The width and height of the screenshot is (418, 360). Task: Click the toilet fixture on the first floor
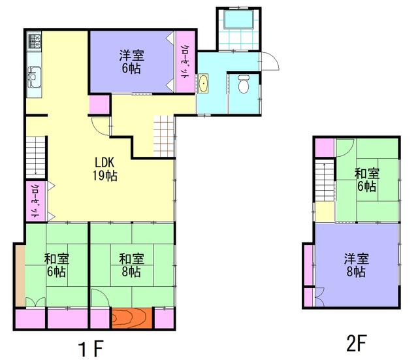(x=244, y=84)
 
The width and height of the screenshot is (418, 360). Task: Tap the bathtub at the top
(x=238, y=19)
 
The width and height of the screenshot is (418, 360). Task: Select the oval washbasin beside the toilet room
(x=203, y=84)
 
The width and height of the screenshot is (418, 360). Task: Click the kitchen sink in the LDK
(x=35, y=77)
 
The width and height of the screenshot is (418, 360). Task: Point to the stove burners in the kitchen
(x=35, y=40)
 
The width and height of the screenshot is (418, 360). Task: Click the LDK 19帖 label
(x=104, y=169)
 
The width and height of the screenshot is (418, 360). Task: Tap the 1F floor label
(x=91, y=348)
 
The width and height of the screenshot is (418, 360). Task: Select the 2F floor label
(x=356, y=343)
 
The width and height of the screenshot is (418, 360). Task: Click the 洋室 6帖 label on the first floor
(x=132, y=62)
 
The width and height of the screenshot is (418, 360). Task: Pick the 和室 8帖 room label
(x=131, y=265)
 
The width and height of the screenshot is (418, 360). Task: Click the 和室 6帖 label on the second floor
(x=367, y=180)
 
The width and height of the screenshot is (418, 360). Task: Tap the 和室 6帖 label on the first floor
(x=57, y=265)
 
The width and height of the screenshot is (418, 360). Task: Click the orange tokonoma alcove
(x=132, y=318)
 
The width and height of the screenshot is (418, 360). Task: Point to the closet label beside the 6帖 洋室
(x=184, y=62)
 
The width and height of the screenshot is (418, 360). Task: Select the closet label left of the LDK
(x=35, y=201)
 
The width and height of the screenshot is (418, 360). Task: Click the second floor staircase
(x=325, y=181)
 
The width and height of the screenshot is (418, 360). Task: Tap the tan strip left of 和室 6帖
(x=20, y=276)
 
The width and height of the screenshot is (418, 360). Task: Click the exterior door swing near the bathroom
(x=270, y=61)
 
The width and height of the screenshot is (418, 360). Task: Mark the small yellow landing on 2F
(x=325, y=212)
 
